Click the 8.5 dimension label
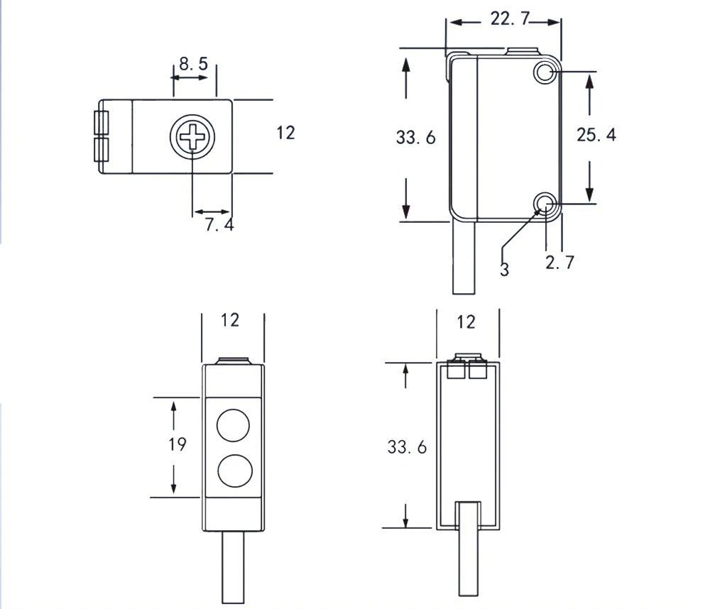click(x=193, y=64)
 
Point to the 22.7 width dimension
click(x=510, y=19)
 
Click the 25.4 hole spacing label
click(x=596, y=135)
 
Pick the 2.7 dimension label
click(x=559, y=263)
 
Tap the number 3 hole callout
click(x=504, y=270)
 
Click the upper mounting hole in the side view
click(x=545, y=72)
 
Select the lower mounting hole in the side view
click(x=545, y=204)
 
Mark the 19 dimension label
click(x=177, y=444)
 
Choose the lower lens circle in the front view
click(x=234, y=471)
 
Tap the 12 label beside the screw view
click(x=285, y=132)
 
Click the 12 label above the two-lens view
click(x=230, y=320)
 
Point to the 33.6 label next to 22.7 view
click(x=416, y=138)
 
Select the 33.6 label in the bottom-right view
click(x=407, y=448)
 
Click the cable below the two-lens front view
click(x=234, y=568)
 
